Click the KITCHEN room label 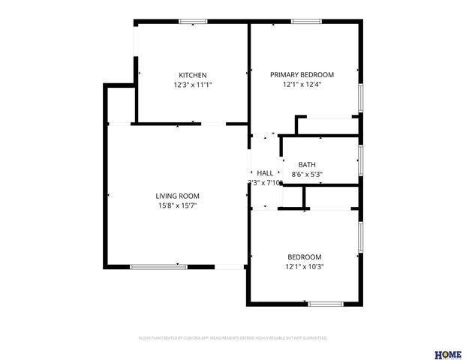[x=192, y=75]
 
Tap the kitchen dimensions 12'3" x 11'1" [x=192, y=85]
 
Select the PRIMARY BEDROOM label [x=302, y=75]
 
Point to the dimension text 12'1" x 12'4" [x=302, y=85]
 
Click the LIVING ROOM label [x=177, y=196]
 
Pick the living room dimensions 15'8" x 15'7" [x=177, y=205]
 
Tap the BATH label [x=307, y=165]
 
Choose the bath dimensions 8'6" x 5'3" [x=307, y=175]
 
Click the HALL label [x=265, y=173]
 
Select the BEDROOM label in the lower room [x=305, y=256]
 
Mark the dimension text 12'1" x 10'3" [x=305, y=266]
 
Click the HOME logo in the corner [x=448, y=355]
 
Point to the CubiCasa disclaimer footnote [x=233, y=338]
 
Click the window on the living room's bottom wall [x=158, y=266]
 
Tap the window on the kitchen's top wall [x=194, y=22]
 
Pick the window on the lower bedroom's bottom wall [x=326, y=304]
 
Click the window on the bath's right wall [x=361, y=159]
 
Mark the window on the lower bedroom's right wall [x=361, y=237]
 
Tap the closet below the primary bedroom [x=328, y=125]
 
